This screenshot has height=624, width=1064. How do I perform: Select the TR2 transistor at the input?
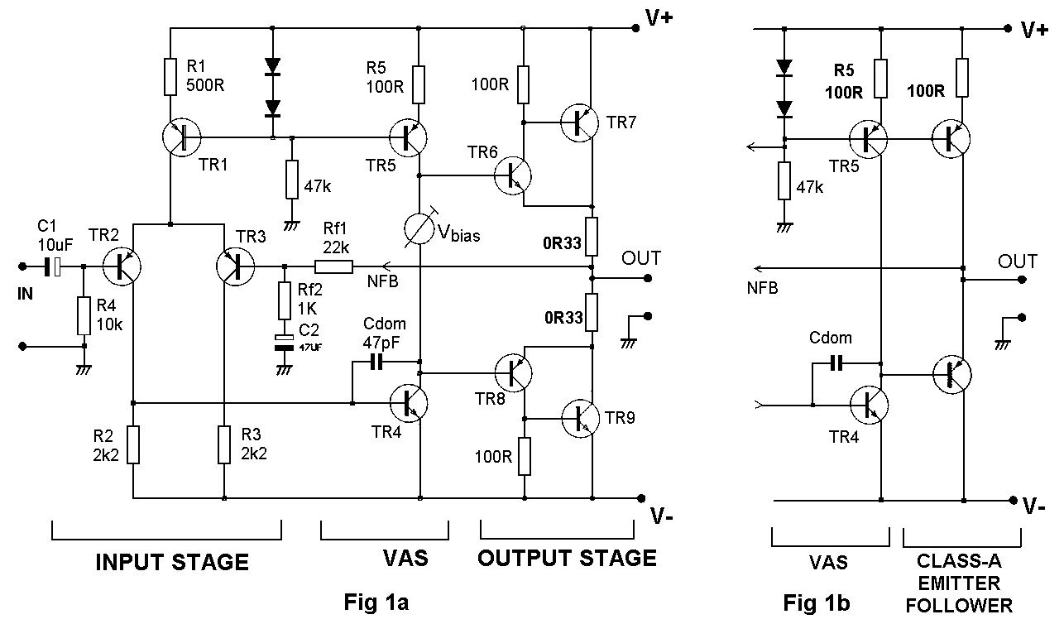pos(122,266)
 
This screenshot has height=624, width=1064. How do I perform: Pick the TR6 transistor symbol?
pos(513,175)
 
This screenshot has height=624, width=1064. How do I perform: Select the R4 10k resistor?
pos(83,317)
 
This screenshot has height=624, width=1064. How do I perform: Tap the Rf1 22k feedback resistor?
pos(333,266)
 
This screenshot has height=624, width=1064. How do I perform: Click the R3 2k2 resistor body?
pos(224,444)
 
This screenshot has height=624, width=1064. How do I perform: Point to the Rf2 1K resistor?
pos(284,301)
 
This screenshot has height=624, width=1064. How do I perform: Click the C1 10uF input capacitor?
pos(51,266)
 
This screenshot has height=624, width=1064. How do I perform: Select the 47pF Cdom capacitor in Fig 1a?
pos(378,362)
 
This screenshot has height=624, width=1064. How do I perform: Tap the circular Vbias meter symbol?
pos(420,229)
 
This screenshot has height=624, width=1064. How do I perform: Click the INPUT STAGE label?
pos(172,563)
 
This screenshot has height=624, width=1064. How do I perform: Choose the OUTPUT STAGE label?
pos(567,559)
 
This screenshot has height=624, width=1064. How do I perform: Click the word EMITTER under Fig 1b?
pos(959,583)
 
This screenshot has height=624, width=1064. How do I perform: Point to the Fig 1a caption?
pos(376,602)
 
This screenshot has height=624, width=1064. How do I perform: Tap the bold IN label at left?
pos(25,293)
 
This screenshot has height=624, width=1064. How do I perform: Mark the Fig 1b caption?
pos(817,602)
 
